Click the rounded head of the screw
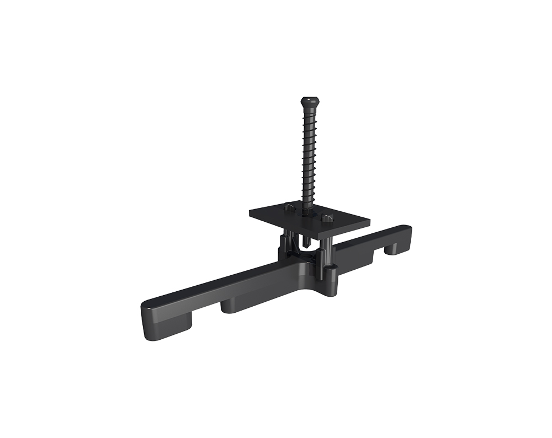click(x=309, y=103)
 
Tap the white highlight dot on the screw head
click(x=307, y=100)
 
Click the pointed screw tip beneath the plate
click(x=305, y=243)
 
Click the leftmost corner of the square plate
click(x=250, y=212)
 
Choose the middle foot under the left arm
click(x=237, y=306)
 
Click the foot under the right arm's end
click(x=395, y=249)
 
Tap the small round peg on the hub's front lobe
click(x=331, y=270)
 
